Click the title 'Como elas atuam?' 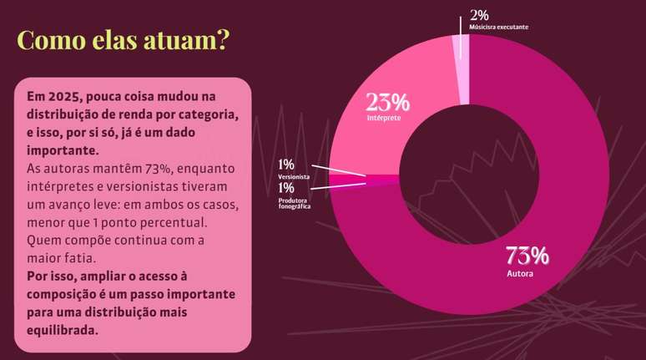tap(123, 40)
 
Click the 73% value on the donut tap(527, 255)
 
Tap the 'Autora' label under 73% tap(520, 273)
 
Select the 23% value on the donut tap(387, 102)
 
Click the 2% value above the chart tap(479, 15)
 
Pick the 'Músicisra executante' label tap(498, 28)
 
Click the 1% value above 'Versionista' tap(286, 165)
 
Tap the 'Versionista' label tap(294, 178)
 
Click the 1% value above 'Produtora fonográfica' tap(286, 189)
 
